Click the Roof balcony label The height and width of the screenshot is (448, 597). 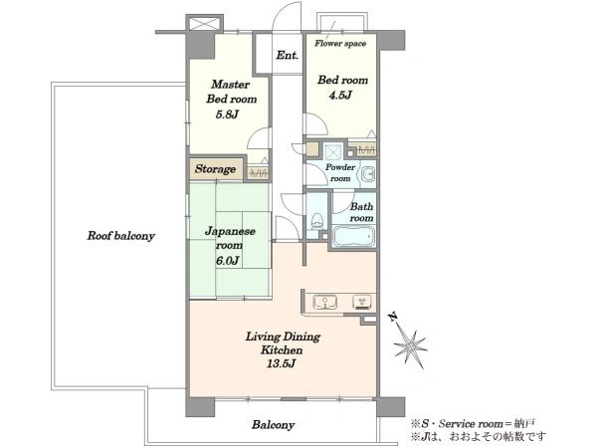120,236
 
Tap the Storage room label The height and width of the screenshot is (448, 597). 215,169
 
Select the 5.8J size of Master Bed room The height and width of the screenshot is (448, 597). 227,113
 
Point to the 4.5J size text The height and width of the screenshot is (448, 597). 340,95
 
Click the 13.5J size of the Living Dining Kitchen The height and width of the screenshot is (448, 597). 281,363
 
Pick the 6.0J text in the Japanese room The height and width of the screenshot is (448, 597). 227,261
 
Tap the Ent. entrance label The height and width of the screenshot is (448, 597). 288,55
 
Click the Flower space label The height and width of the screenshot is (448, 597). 340,43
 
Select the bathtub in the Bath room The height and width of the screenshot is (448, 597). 353,236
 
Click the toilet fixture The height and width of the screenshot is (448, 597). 316,221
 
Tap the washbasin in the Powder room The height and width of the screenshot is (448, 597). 368,174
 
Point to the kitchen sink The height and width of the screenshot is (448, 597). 324,303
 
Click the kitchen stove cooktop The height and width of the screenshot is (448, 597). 362,302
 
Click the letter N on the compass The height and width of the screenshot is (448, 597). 393,317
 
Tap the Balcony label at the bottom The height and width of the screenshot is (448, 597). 273,425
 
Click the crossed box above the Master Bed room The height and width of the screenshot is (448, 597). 204,24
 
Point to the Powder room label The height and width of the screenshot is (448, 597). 340,172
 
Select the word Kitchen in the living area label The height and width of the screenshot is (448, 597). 282,349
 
